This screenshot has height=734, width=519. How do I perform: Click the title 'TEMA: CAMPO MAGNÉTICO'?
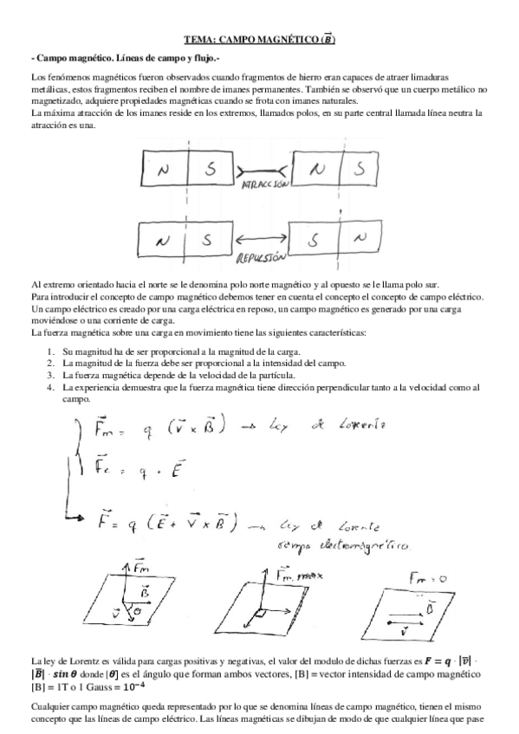click(x=259, y=39)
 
